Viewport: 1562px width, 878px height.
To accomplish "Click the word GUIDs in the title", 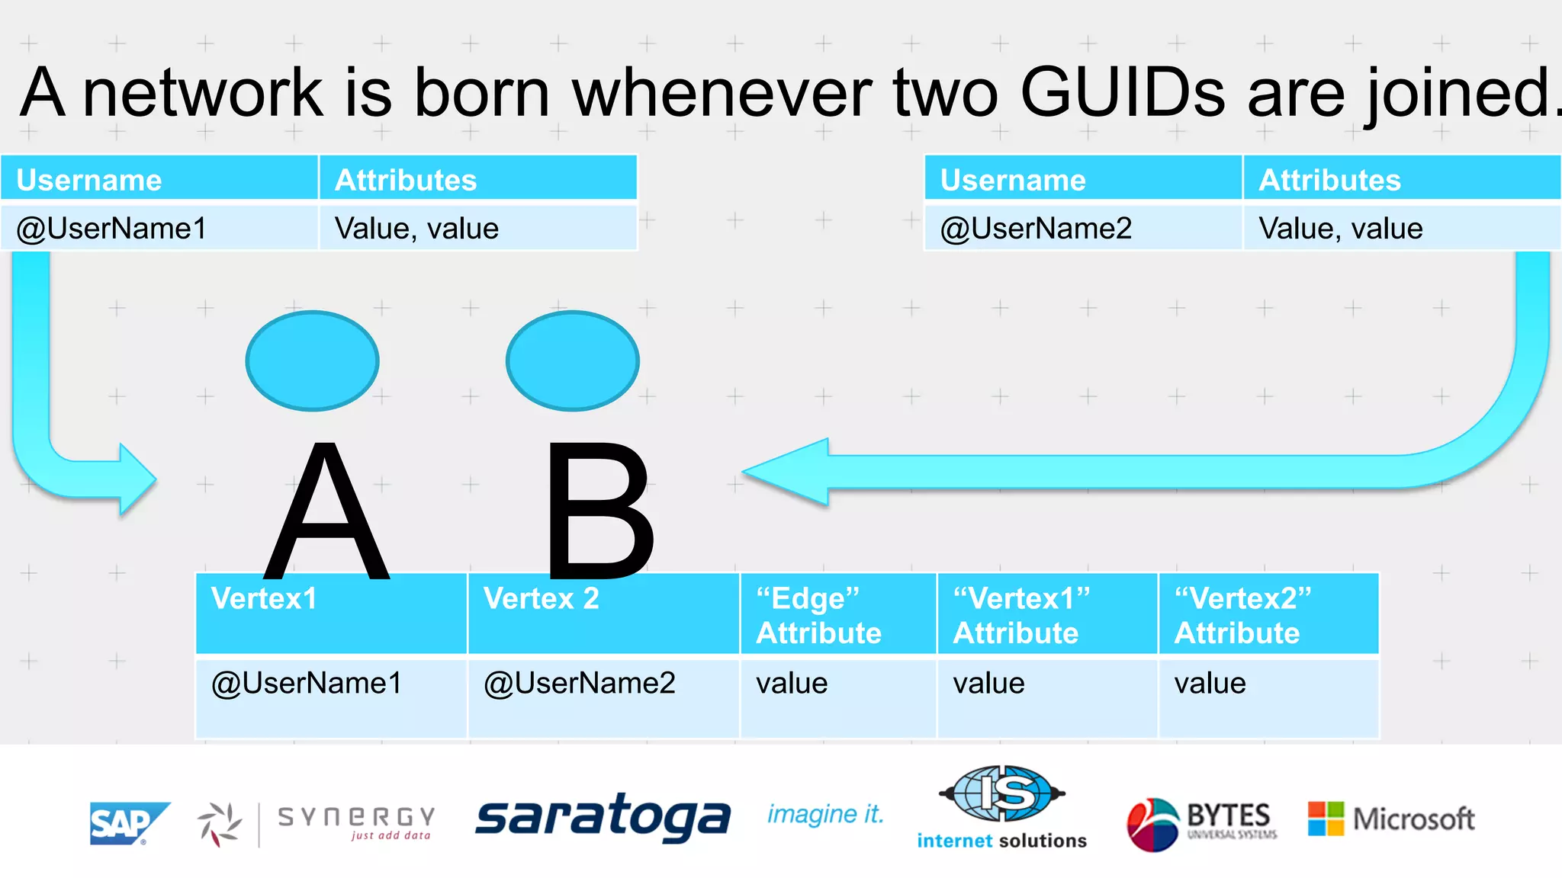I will pos(1122,93).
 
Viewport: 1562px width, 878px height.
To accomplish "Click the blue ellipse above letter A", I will pos(312,360).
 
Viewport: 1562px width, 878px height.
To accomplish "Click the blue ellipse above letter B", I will pos(572,360).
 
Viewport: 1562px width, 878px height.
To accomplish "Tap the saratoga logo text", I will pos(603,818).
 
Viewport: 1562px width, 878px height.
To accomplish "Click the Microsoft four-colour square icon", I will pos(1326,819).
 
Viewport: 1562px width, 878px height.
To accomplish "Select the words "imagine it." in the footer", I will pos(825,815).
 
